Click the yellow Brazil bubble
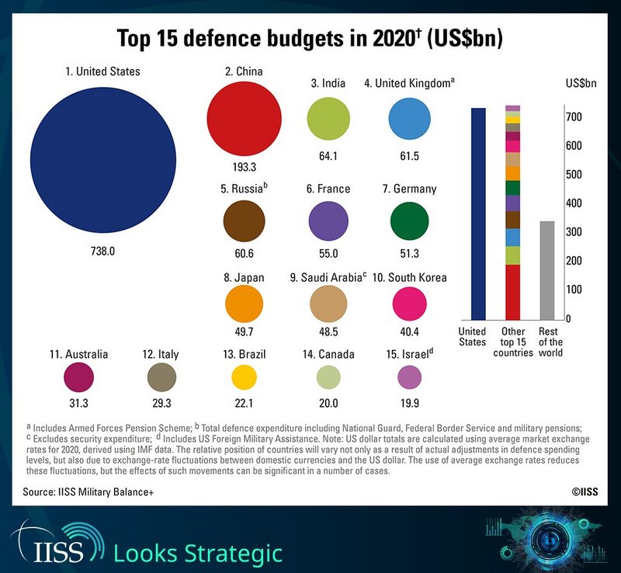tap(244, 377)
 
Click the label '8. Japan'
tap(244, 278)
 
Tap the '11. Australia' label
tap(78, 354)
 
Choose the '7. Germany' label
tap(410, 189)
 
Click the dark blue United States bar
tap(478, 214)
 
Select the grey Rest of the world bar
tap(547, 270)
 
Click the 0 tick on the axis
tap(568, 319)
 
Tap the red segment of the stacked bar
tap(512, 291)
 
